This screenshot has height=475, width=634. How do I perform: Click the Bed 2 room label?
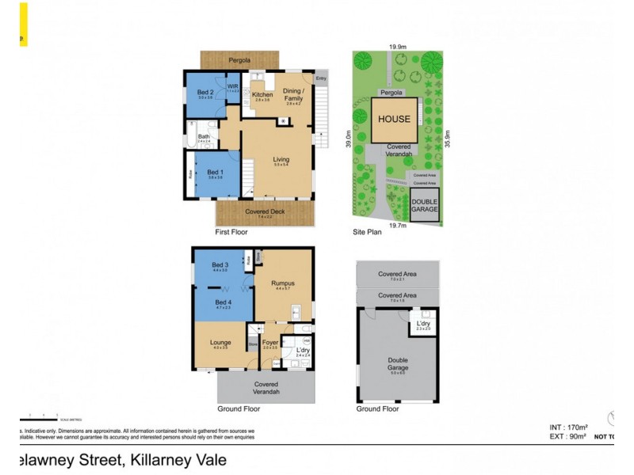[x=205, y=93]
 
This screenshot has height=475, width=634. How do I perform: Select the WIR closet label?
[x=233, y=88]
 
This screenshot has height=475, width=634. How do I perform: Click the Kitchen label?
[x=262, y=95]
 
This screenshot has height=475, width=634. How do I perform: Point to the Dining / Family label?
[x=294, y=94]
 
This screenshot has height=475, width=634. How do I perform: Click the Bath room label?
[x=204, y=137]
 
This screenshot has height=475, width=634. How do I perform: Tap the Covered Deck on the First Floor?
[x=265, y=212]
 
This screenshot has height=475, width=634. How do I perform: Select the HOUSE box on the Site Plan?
[x=394, y=120]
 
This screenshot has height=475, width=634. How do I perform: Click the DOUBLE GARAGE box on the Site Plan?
[x=425, y=204]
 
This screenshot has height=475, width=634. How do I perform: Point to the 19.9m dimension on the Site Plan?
[x=398, y=47]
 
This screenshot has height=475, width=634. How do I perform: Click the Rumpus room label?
[x=283, y=283]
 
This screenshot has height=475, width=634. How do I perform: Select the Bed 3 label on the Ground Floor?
[x=221, y=264]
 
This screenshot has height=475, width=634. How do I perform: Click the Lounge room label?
[x=221, y=342]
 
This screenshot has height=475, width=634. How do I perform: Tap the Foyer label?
[x=269, y=342]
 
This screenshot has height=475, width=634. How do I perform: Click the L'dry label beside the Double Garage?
[x=423, y=323]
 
